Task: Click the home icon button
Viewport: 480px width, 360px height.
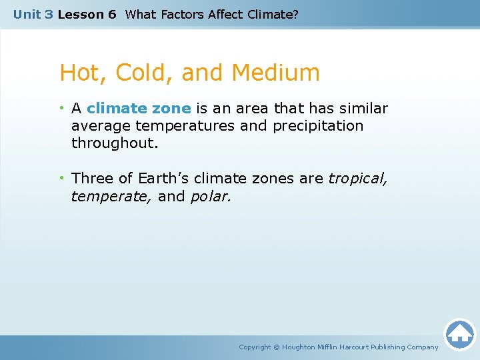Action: pos(459,333)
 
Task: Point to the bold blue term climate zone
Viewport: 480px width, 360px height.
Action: pos(139,109)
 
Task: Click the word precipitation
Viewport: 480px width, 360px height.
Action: pos(319,126)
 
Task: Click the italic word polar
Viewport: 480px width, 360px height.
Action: pos(211,197)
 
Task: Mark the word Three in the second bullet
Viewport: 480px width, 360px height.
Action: pos(93,179)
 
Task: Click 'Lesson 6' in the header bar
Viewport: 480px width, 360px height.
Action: pos(87,14)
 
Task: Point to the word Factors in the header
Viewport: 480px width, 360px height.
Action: pos(180,14)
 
